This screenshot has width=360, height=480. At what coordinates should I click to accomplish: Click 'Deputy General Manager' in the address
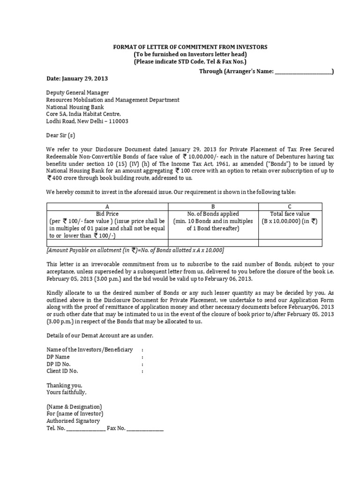(78, 93)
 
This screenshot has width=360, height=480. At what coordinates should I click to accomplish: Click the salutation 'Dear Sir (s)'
(61, 135)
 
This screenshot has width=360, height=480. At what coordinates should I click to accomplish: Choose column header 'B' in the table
(213, 206)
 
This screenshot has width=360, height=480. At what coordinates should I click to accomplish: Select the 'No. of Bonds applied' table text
(213, 214)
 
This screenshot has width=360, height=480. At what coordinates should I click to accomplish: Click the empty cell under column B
(213, 243)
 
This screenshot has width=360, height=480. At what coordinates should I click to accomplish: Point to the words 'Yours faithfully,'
(67, 392)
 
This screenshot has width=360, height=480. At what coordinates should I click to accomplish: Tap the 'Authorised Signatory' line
(74, 421)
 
